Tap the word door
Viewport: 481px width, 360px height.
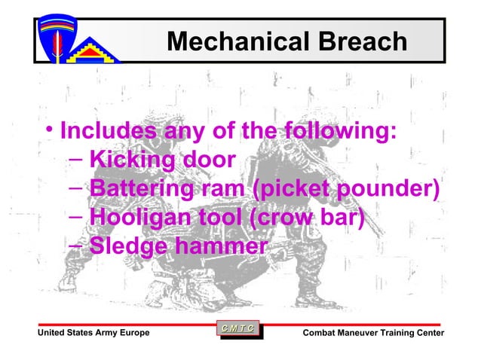[207, 160]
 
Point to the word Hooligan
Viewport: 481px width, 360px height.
[136, 218]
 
